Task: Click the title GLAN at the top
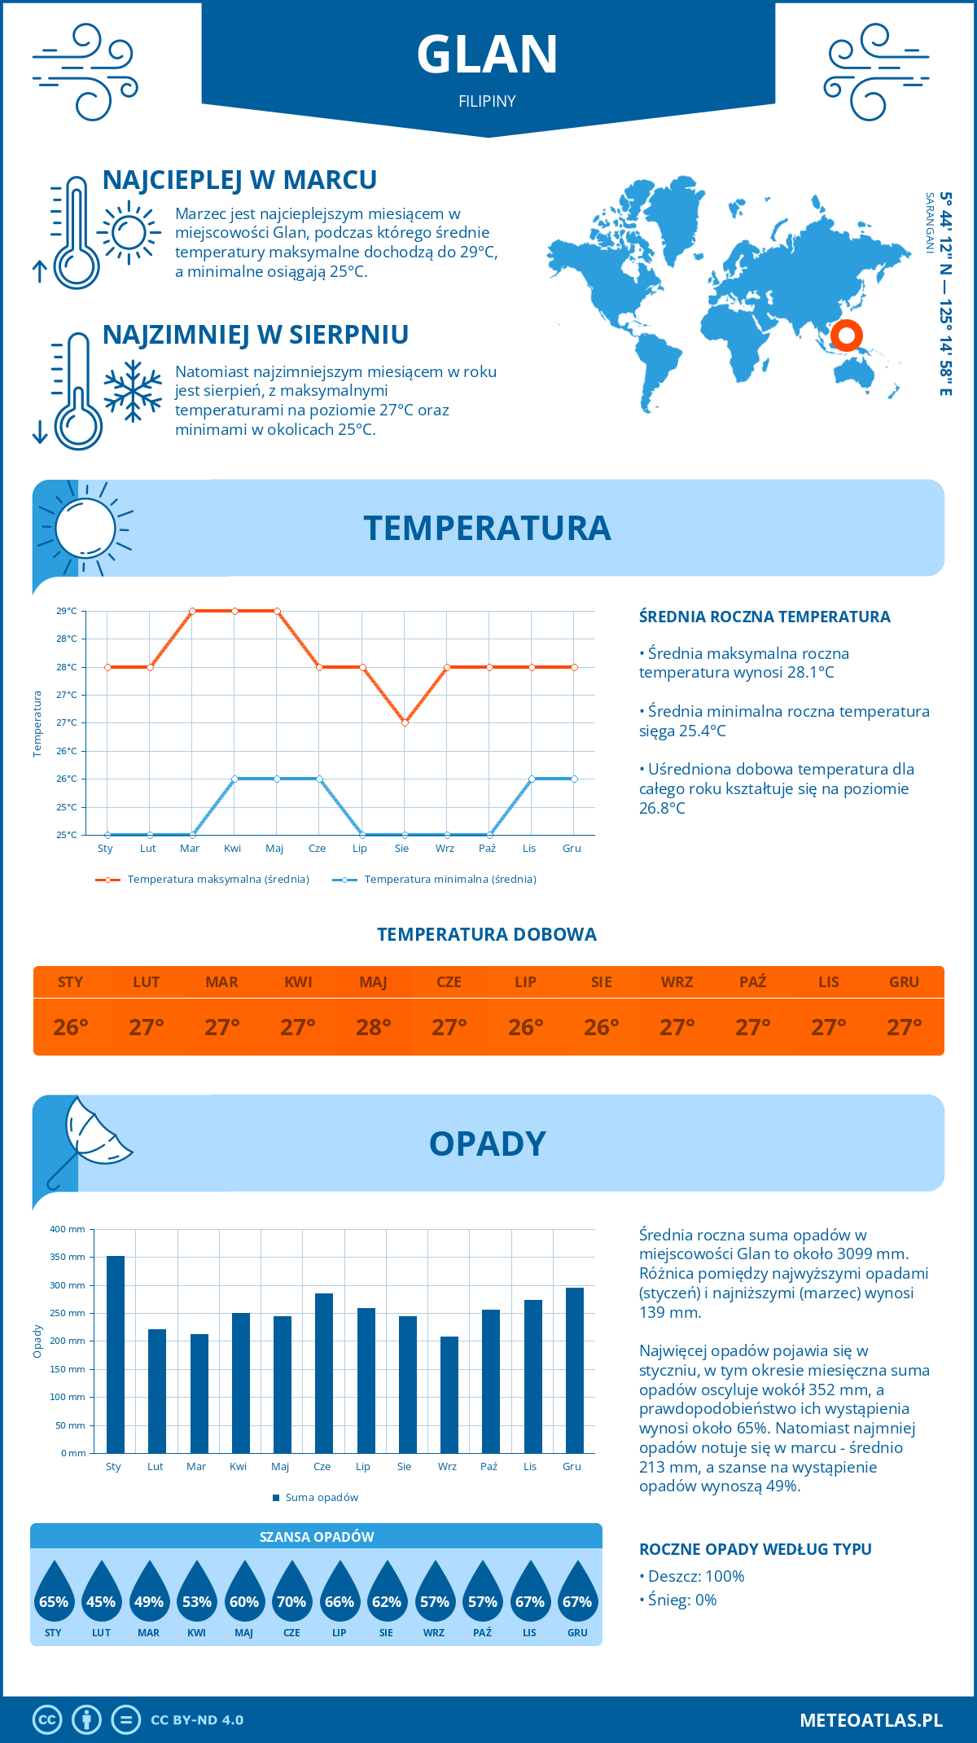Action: coord(487,55)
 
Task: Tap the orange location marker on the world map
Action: coord(847,335)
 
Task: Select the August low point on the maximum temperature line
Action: coord(405,722)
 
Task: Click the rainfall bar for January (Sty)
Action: coord(116,1354)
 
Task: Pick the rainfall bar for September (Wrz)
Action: coord(449,1394)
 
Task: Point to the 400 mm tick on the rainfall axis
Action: coord(68,1229)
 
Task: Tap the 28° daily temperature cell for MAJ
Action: coord(373,1027)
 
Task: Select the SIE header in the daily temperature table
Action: coord(601,982)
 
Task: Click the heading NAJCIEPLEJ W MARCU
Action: coord(239,180)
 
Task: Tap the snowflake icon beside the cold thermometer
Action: coord(133,391)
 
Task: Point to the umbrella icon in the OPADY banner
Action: coord(90,1137)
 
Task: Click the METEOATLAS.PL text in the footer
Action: coord(871,1719)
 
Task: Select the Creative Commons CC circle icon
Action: coord(47,1719)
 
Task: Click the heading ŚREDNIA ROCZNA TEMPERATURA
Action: coord(765,617)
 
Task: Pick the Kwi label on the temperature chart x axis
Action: coord(233,849)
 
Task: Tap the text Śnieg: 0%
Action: coord(681,1600)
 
